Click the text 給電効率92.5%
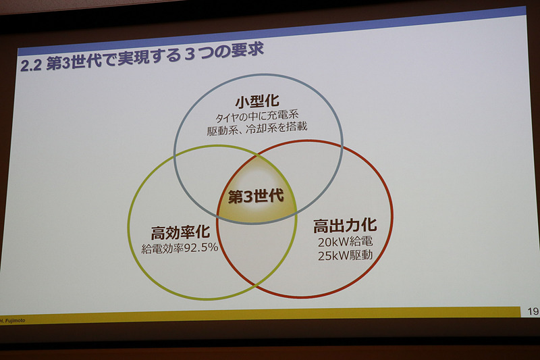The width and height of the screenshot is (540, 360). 180,248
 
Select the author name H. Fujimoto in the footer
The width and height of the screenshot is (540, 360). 15,319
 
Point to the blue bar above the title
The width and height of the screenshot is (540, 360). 270,30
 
